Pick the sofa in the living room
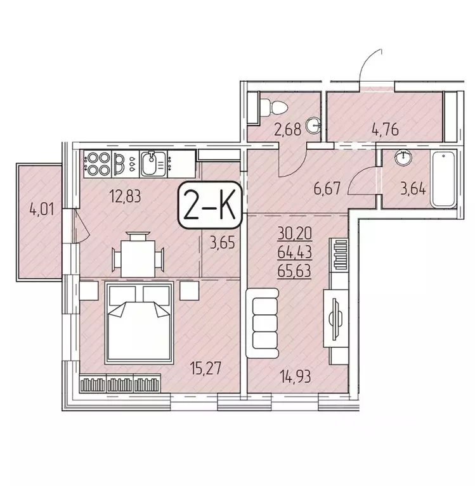click(263, 320)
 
